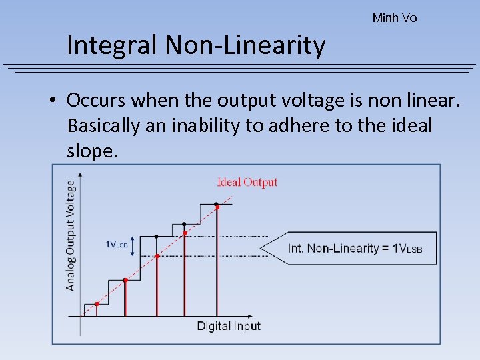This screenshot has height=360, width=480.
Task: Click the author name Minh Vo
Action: coord(394,18)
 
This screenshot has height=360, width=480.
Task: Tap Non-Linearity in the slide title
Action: coord(245,45)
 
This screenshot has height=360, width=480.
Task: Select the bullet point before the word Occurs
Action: coord(52,101)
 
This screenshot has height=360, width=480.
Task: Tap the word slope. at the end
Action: coord(93,151)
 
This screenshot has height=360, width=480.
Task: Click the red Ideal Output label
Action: coord(247,182)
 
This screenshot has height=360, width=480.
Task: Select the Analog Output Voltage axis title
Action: coord(71,235)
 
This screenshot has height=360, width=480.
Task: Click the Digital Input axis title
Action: coord(229,326)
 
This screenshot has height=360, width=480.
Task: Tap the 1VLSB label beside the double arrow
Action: coord(116,245)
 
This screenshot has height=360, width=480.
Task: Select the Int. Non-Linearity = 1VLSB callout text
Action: coord(355,248)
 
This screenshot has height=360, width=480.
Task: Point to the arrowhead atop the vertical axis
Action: coord(80,175)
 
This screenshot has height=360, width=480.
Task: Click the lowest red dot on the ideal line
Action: coord(97,304)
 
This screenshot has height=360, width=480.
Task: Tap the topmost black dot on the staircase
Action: coord(216,203)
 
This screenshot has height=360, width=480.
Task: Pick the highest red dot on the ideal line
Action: coord(217,207)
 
